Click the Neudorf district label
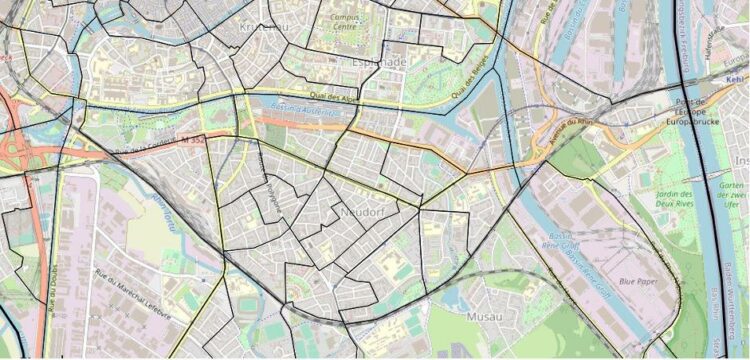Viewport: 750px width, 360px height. tap(364, 213)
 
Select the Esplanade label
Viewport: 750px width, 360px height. tap(379, 62)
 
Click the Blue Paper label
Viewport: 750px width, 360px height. tap(636, 281)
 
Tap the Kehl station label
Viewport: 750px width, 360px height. tap(736, 77)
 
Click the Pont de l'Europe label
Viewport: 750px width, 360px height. tap(691, 105)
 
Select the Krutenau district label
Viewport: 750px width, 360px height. tap(264, 26)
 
